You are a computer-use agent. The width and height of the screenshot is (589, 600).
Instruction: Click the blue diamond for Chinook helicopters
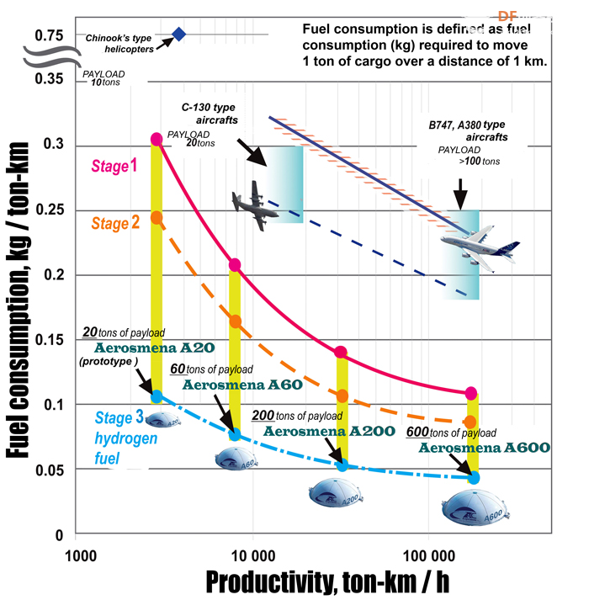(x=178, y=34)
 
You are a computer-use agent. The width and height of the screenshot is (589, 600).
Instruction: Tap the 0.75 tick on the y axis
(x=49, y=35)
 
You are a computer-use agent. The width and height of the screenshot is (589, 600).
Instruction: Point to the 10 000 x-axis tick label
(x=253, y=555)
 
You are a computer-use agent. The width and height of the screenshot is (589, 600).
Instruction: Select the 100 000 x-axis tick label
(x=429, y=555)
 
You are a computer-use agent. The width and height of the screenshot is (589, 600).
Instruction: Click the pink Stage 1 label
(x=114, y=166)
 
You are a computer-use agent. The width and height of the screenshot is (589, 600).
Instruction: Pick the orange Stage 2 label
(x=115, y=223)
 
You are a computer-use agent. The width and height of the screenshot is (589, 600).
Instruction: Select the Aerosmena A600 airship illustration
(x=475, y=507)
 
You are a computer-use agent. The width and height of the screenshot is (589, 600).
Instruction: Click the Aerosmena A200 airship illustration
(x=336, y=492)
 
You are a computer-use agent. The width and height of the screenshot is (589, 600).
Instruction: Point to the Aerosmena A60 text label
(x=242, y=385)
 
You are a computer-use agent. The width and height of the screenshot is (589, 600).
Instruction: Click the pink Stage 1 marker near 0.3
(x=157, y=140)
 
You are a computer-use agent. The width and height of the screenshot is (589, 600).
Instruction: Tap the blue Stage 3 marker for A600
(x=474, y=477)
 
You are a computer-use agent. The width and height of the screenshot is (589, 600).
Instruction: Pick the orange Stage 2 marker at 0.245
(x=157, y=218)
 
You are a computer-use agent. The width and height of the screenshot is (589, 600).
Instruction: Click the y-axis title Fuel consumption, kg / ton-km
(x=18, y=300)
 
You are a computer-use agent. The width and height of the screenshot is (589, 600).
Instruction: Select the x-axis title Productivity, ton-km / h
(x=327, y=582)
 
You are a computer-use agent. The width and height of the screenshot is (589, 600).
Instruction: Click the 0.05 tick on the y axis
(x=50, y=470)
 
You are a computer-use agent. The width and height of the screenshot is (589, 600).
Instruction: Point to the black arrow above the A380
(x=461, y=194)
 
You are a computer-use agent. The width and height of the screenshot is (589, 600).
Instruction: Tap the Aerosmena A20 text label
(x=154, y=348)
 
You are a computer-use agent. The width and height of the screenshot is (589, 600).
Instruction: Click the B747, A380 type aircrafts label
(x=468, y=131)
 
